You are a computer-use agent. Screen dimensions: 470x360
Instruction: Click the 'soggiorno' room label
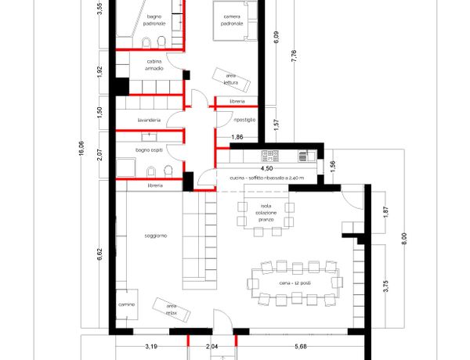point(156,236)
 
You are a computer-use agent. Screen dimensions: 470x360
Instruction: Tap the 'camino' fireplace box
point(127,304)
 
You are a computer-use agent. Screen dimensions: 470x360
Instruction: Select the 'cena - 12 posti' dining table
point(295,283)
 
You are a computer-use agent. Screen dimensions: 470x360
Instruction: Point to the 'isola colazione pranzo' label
point(266,213)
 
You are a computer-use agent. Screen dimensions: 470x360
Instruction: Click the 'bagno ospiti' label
point(149,149)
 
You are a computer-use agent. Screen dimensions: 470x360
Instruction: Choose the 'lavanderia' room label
point(149,120)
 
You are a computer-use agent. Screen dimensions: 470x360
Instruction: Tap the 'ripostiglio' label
point(244,120)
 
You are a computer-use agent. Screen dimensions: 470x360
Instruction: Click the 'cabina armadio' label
point(154,65)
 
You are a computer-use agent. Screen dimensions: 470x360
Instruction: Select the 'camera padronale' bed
point(235,20)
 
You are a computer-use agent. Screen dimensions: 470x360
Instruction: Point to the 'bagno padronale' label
point(154,20)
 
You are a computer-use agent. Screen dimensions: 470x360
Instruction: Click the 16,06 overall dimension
point(81,148)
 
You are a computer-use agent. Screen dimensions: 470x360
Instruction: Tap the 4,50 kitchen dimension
point(266,168)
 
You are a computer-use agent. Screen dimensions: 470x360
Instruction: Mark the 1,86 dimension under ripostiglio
point(237,137)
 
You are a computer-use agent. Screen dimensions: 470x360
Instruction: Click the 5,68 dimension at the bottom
point(301,347)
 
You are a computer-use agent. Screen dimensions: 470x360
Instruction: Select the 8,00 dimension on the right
point(404,239)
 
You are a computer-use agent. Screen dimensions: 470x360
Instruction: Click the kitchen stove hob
point(270,156)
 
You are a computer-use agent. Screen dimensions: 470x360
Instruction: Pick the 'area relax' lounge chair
point(171,310)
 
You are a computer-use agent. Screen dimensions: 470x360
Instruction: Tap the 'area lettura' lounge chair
point(231,79)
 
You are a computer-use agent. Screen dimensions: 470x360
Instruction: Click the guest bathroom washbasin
point(149,137)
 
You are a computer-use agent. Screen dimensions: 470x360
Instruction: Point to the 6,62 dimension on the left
point(100,254)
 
